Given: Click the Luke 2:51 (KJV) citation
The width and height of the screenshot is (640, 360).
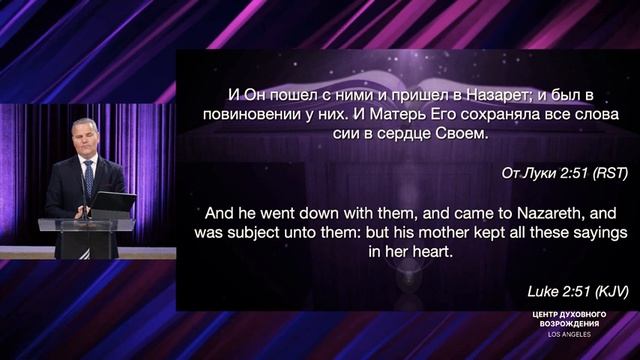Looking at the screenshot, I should pos(572,291).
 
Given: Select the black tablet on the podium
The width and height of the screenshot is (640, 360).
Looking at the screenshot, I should pos(113,205).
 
